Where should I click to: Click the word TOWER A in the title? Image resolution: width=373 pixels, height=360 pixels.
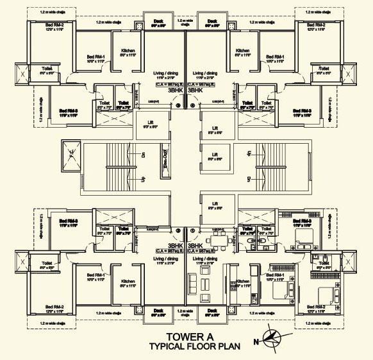click(x=185, y=336)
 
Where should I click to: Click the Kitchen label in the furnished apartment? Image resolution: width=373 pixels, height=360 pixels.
click(x=242, y=282)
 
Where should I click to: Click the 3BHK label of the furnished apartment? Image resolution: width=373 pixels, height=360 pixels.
click(x=195, y=245)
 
